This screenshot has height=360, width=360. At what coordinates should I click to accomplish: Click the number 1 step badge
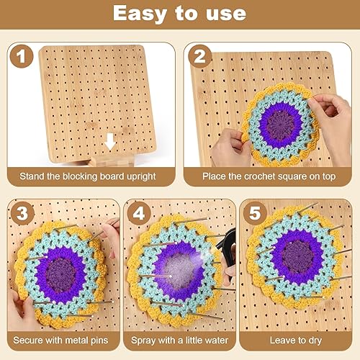(22, 56)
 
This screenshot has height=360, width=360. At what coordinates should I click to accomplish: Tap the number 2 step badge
(199, 56)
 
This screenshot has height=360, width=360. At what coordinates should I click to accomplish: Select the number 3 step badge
(22, 213)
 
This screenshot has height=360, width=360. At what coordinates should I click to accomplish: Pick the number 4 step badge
(139, 213)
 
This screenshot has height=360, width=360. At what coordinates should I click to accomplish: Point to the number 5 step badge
(255, 213)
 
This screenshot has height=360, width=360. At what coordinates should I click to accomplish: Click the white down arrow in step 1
(110, 142)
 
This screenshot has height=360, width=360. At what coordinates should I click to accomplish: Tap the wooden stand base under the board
(112, 161)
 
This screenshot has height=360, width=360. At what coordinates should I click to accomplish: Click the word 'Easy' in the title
(140, 14)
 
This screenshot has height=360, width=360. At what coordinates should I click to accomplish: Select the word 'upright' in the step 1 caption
(141, 177)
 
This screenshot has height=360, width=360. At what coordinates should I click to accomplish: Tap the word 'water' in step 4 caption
(215, 341)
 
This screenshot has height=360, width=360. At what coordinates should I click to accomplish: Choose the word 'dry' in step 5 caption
(315, 341)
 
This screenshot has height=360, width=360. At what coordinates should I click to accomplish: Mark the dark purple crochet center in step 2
(281, 125)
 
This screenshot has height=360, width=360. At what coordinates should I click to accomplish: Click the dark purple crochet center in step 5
(298, 256)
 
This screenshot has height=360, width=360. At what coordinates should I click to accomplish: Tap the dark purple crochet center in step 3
(60, 274)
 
